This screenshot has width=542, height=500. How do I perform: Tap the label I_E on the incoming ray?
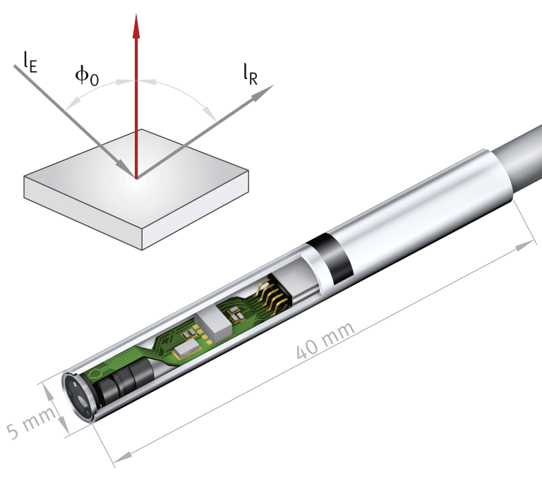(x=29, y=63)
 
